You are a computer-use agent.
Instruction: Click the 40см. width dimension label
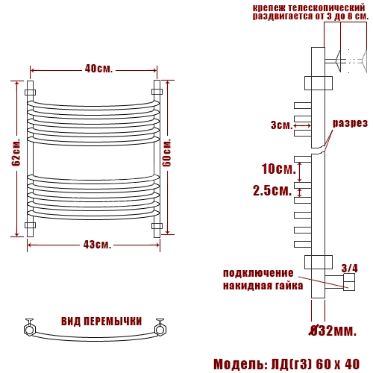[x=98, y=69]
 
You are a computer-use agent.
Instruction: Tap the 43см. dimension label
[x=97, y=245]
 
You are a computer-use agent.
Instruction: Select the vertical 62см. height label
[x=16, y=152]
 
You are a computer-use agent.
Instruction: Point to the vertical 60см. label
[x=166, y=152]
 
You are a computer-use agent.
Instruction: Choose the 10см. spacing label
[x=279, y=169]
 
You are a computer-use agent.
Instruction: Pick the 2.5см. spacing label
[x=272, y=191]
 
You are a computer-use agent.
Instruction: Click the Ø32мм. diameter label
[x=333, y=330]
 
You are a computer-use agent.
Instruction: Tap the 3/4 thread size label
[x=349, y=269]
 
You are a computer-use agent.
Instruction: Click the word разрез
[x=350, y=123]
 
